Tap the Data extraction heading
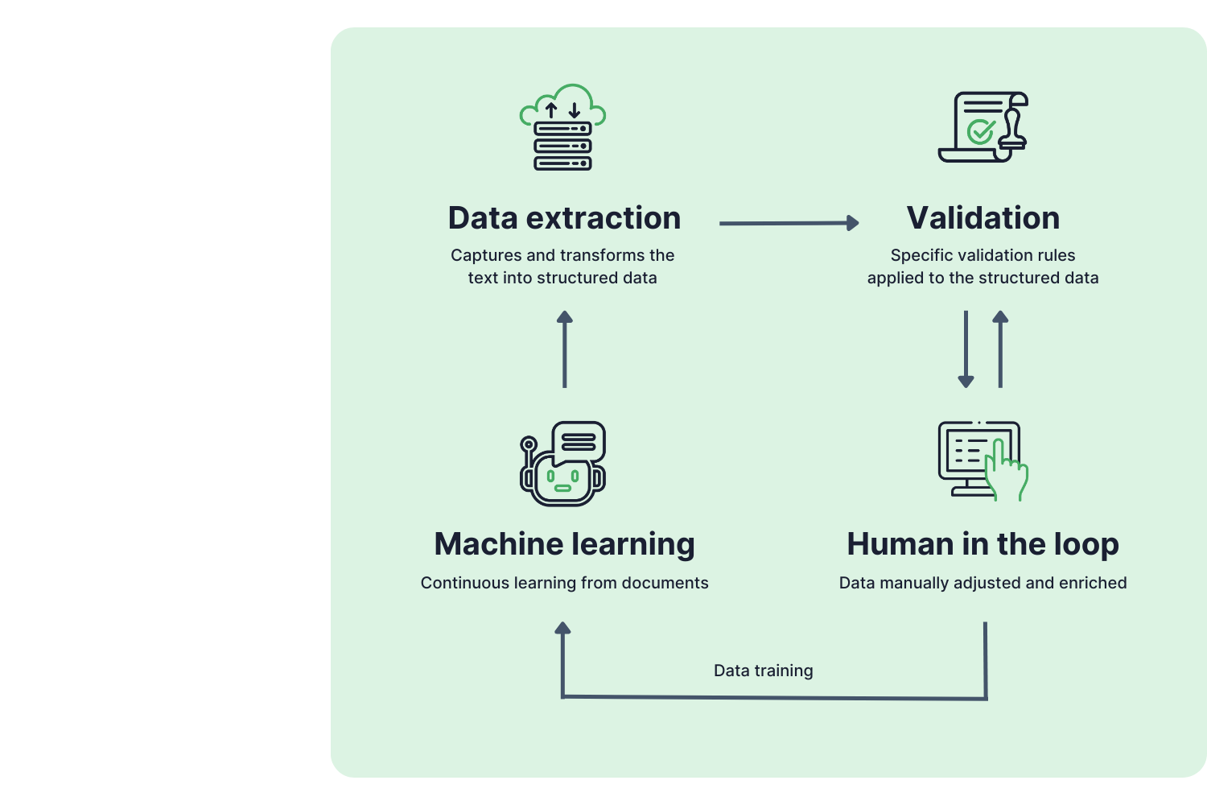pyautogui.click(x=564, y=218)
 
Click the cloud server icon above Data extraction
pyautogui.click(x=562, y=127)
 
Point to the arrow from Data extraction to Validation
pyautogui.click(x=789, y=223)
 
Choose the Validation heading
pyautogui.click(x=982, y=218)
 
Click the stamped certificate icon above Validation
pyautogui.click(x=982, y=127)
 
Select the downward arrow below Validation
pyautogui.click(x=966, y=349)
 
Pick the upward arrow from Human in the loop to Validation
pyautogui.click(x=1000, y=349)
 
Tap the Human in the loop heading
pyautogui.click(x=982, y=545)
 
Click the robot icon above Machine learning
pyautogui.click(x=562, y=464)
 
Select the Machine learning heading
pyautogui.click(x=564, y=545)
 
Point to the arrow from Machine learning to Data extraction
pyautogui.click(x=565, y=349)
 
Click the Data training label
pyautogui.click(x=763, y=671)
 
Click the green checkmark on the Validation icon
pyautogui.click(x=980, y=131)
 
